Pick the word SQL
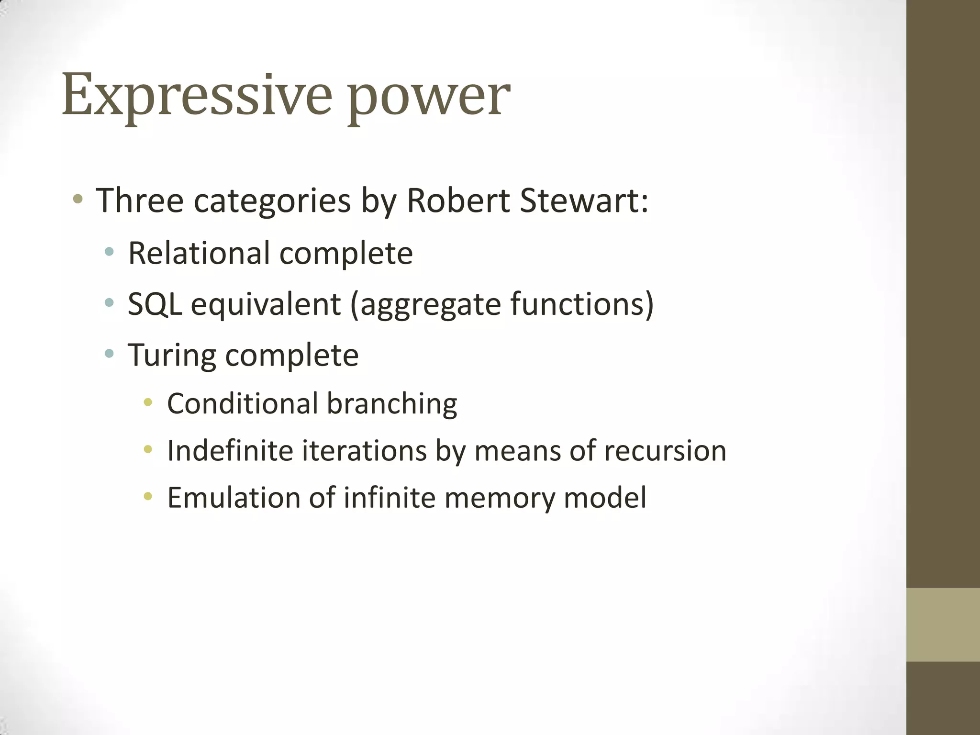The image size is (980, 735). [x=155, y=304]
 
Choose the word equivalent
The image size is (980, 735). [x=266, y=305]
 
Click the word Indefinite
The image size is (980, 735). [x=230, y=451]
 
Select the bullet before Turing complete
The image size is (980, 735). [x=110, y=354]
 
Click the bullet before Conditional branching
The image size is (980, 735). [x=148, y=402]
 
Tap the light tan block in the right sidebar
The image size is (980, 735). [x=943, y=625]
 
